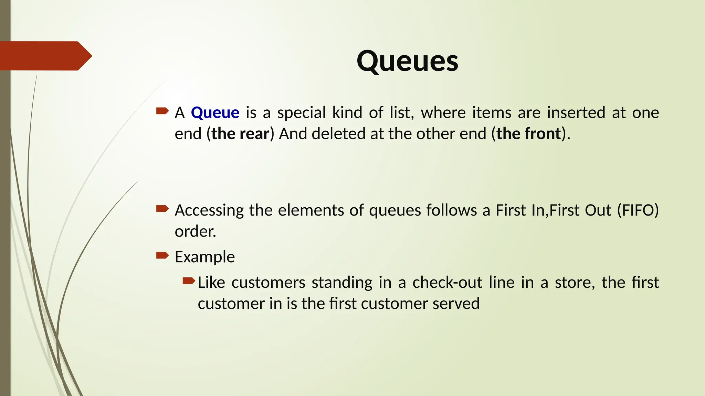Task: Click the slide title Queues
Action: coord(407,61)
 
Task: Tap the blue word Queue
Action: coord(215,113)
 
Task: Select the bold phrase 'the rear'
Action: coord(240,134)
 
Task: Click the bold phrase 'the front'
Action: coord(529,134)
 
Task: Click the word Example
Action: coord(205,257)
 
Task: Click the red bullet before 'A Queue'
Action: coord(162,111)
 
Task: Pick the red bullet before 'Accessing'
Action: coord(162,208)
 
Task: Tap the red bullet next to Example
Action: coord(162,255)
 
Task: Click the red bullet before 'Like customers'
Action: coord(189,281)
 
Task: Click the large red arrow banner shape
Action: coord(45,56)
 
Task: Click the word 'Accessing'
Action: coord(209,210)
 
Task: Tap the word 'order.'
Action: coord(195,231)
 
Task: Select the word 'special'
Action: coord(301,113)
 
